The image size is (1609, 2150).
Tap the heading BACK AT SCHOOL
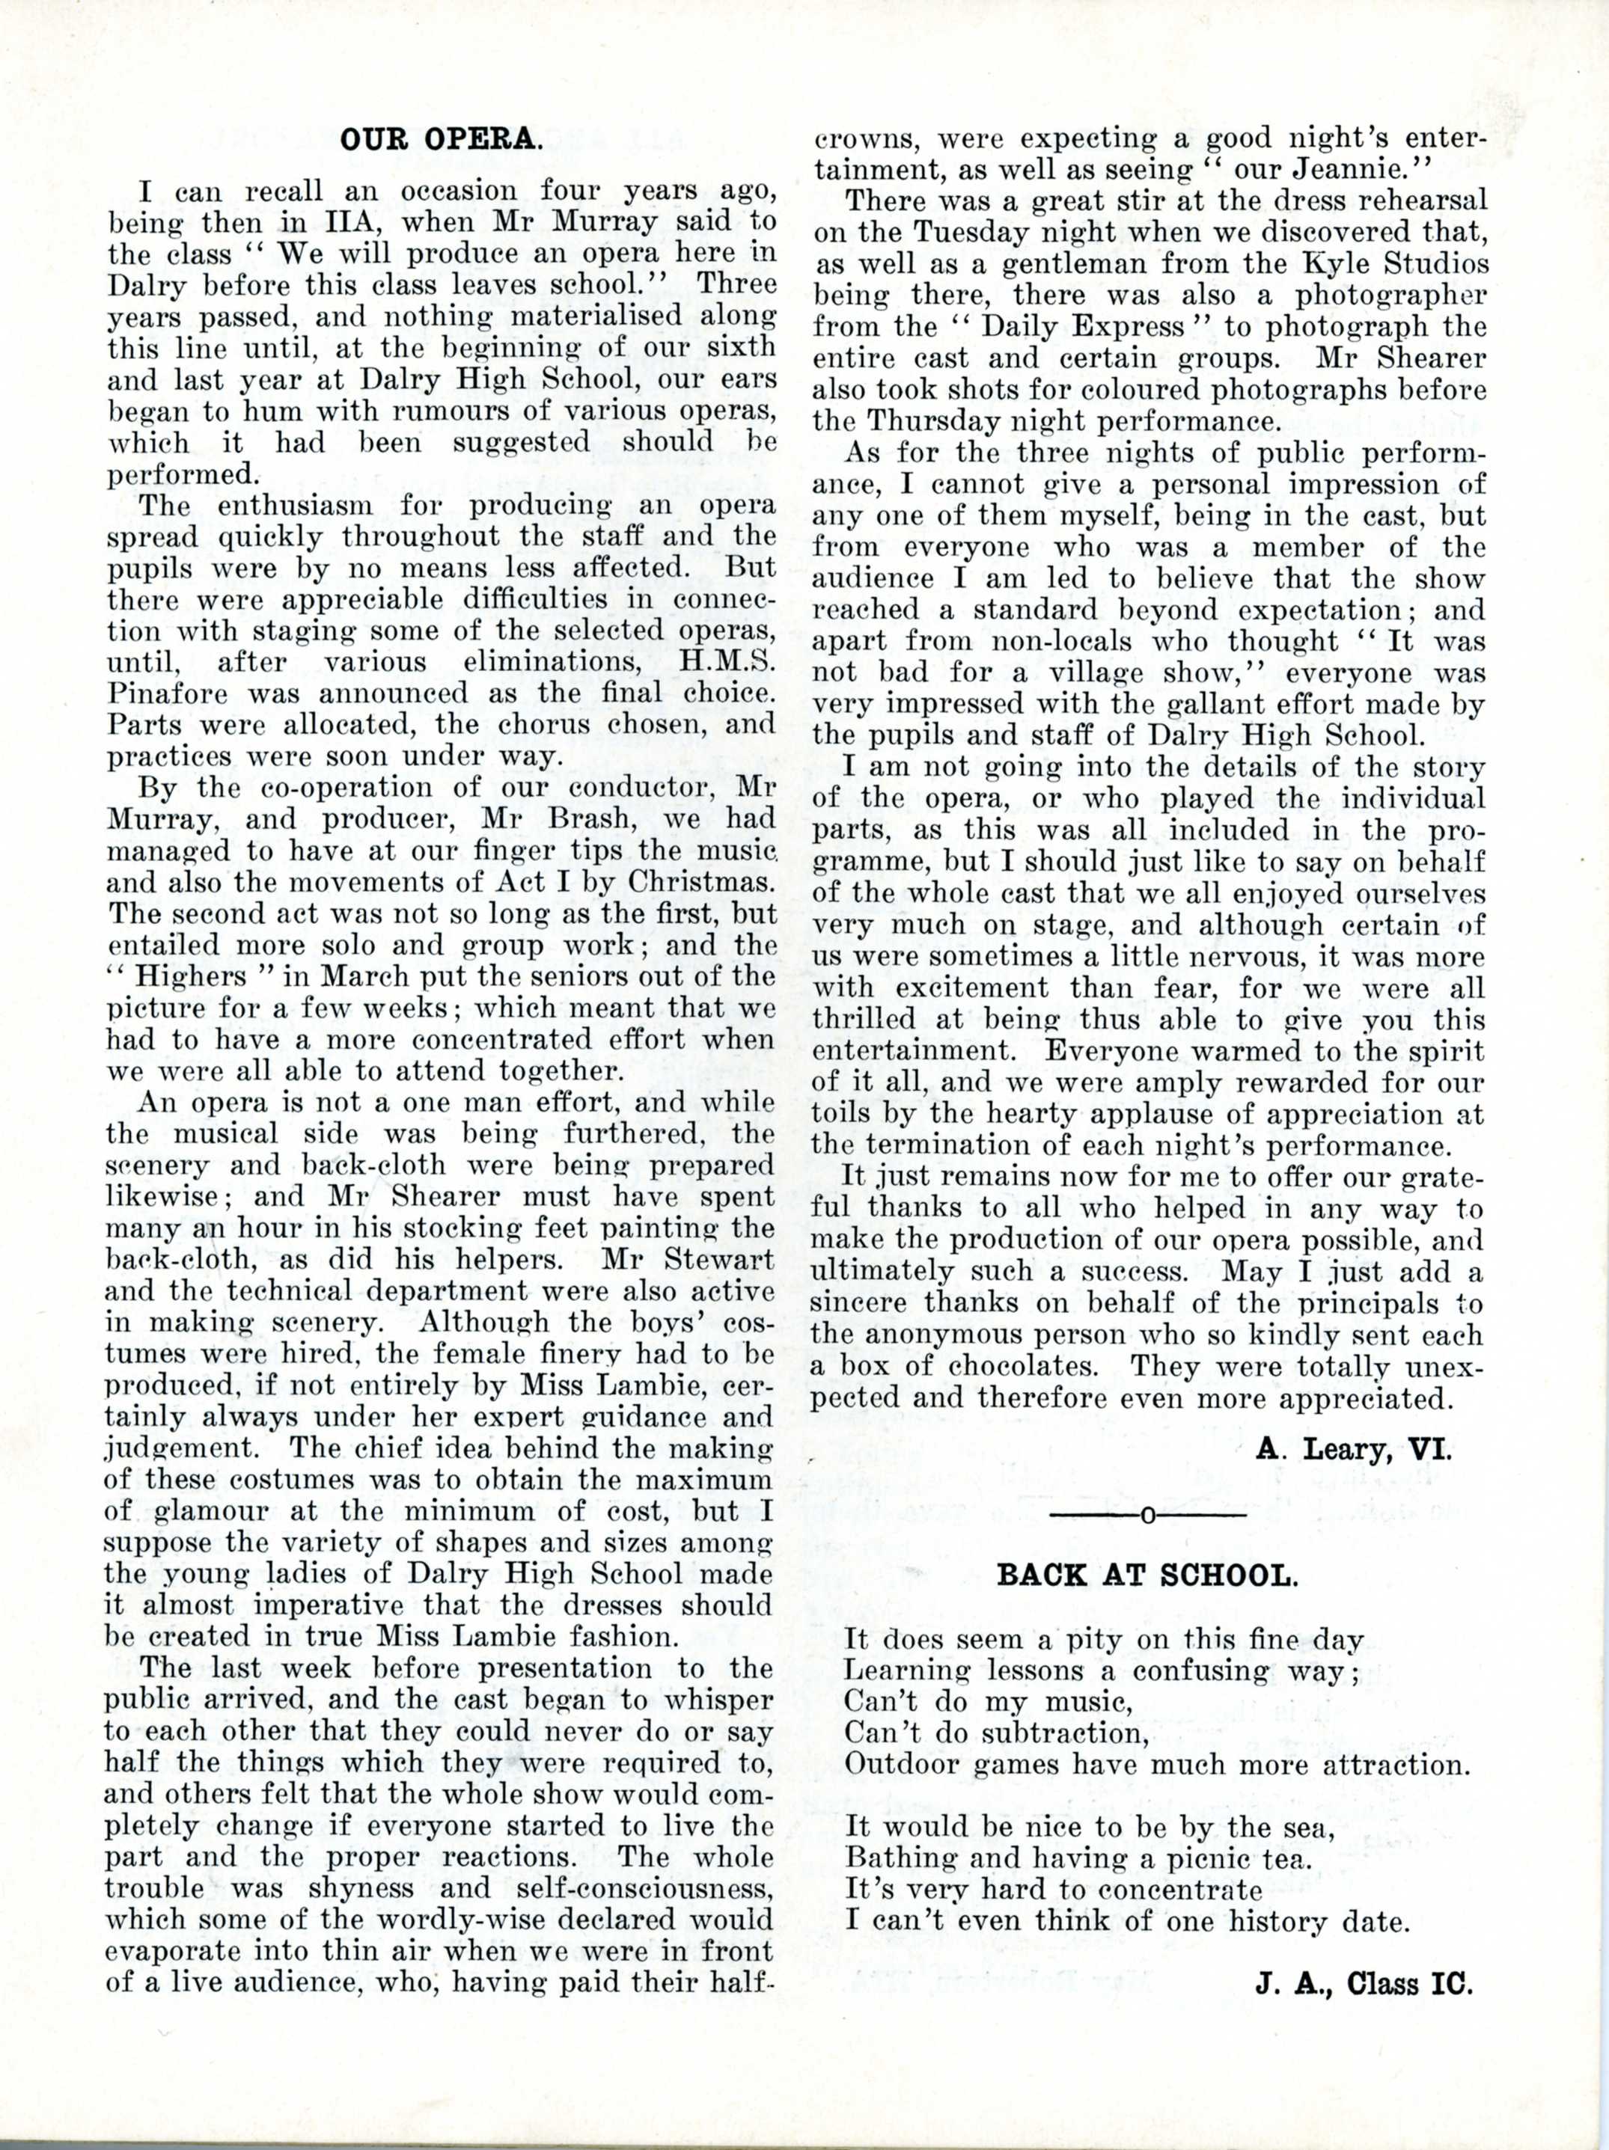point(1147,1575)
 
